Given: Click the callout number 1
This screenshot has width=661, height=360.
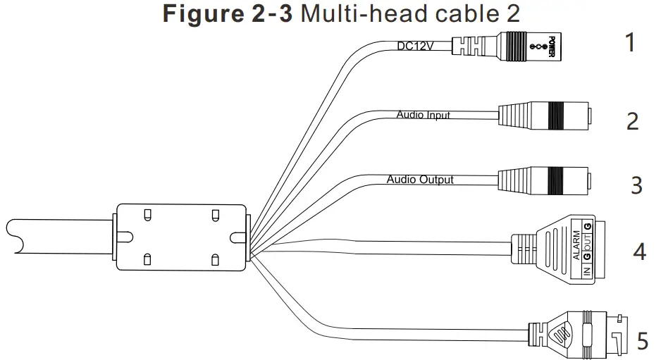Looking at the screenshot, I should (630, 43).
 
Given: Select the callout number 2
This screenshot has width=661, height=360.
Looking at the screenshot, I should (632, 121).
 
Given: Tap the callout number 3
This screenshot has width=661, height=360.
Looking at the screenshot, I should (636, 185).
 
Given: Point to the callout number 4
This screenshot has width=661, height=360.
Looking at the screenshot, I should (638, 251).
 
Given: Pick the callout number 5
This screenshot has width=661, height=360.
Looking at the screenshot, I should (642, 341).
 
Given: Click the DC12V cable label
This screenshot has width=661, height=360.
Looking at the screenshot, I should (414, 46).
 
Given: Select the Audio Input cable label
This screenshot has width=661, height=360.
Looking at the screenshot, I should (423, 114).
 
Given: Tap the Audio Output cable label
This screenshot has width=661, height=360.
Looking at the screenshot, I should (420, 180).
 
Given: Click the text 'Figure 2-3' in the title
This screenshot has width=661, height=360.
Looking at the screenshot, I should (228, 15).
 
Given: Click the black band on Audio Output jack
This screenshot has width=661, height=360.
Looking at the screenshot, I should (556, 179).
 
